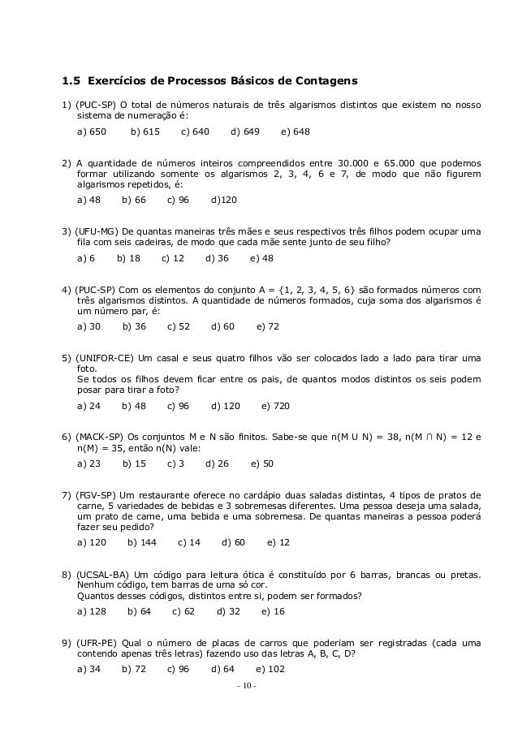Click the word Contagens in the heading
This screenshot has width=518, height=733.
[324, 81]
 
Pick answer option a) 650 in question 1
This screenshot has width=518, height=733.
[91, 131]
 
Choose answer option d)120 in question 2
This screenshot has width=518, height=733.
[223, 200]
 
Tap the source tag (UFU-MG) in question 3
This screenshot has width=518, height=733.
[97, 231]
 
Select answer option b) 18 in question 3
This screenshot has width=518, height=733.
[128, 258]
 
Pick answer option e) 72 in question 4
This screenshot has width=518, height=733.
[267, 326]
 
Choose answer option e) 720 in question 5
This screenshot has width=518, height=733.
[275, 406]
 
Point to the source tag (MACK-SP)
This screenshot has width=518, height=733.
[101, 437]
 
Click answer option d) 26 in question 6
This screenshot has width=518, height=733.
[217, 464]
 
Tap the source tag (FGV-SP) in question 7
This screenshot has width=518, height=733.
[97, 494]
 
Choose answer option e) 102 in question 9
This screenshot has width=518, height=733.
[270, 670]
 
